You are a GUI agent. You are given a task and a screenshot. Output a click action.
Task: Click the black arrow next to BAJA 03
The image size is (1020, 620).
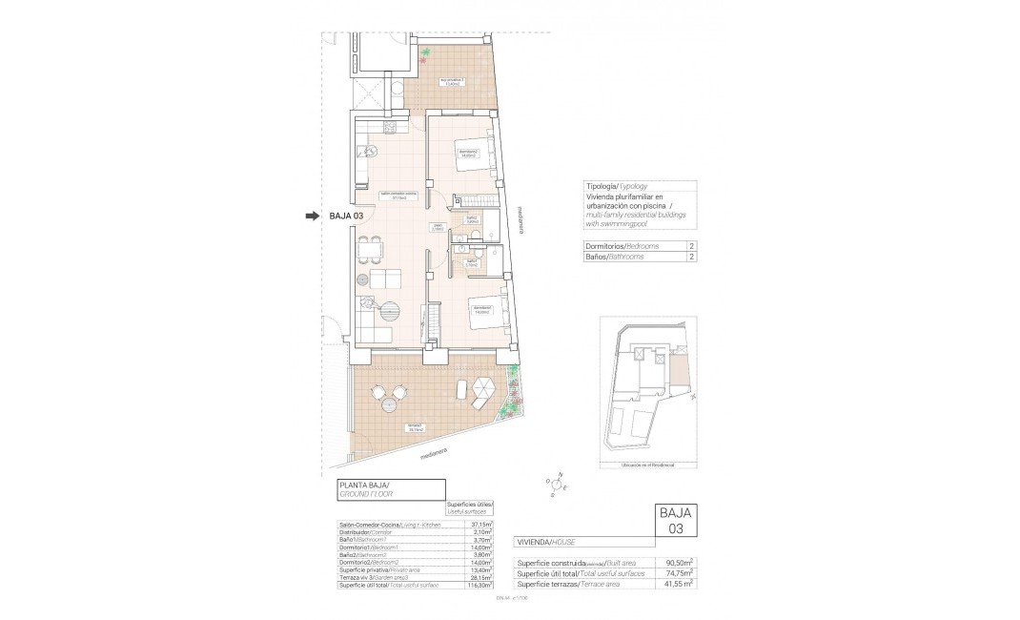312,217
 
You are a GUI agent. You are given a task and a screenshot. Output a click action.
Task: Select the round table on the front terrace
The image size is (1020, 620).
390,405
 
